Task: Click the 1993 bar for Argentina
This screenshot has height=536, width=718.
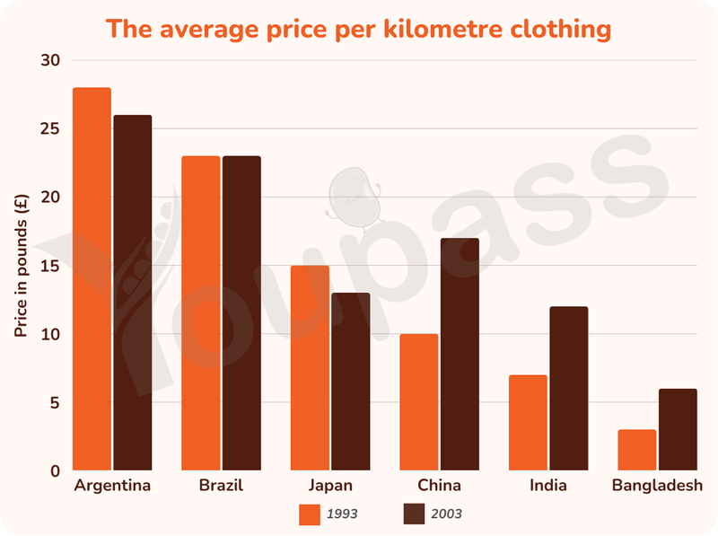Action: (92, 278)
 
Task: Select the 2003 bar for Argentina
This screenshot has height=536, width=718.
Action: (133, 293)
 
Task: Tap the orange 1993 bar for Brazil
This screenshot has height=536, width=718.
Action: (200, 313)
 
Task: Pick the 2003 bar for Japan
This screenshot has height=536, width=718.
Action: (351, 382)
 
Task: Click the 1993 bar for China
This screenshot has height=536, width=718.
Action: (419, 401)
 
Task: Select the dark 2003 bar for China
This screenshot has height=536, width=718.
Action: (460, 354)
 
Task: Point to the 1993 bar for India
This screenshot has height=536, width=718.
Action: (528, 422)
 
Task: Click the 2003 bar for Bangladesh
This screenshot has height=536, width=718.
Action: (679, 429)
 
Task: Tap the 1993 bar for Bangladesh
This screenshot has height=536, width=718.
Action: (637, 450)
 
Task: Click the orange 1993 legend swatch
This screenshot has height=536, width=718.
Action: (310, 514)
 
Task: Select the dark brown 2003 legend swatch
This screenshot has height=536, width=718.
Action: (414, 514)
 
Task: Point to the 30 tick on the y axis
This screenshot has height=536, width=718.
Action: (50, 60)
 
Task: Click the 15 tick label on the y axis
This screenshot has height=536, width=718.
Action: (50, 266)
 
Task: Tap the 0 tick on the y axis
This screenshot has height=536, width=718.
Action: (56, 471)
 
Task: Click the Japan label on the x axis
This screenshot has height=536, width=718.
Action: (330, 485)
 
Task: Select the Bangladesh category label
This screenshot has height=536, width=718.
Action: (658, 485)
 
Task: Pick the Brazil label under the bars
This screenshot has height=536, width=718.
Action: (221, 485)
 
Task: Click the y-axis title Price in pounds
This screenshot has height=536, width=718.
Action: (21, 266)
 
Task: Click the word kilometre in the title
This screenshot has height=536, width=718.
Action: (442, 29)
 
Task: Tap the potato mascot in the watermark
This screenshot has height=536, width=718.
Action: (354, 198)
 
